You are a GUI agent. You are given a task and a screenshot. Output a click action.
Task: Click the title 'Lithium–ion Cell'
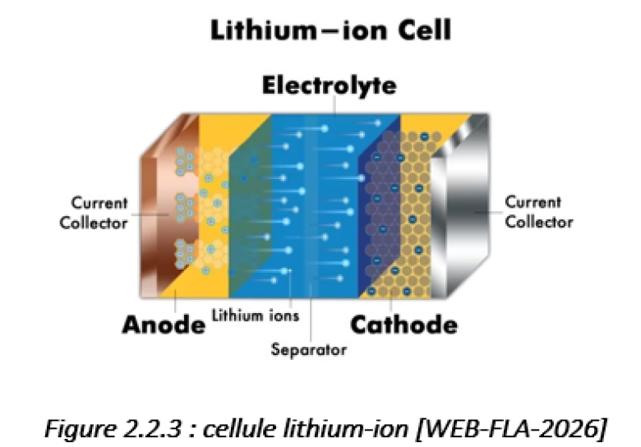(x=330, y=30)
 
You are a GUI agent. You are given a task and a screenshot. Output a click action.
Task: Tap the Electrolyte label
(x=330, y=85)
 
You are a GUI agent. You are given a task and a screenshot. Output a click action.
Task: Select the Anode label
(x=164, y=325)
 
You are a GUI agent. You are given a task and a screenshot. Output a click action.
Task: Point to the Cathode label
(x=404, y=325)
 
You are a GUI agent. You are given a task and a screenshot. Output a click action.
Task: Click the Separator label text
(x=309, y=350)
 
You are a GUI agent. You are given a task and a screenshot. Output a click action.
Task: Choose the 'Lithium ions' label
(x=256, y=316)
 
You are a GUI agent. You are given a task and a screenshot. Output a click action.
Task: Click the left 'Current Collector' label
(x=94, y=213)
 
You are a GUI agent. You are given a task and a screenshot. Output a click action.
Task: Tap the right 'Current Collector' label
(x=539, y=212)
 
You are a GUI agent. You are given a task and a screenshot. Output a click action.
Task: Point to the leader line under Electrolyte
(x=334, y=105)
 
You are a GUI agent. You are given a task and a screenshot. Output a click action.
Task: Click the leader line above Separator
(x=311, y=311)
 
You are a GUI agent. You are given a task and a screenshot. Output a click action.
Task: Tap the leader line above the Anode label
(x=175, y=301)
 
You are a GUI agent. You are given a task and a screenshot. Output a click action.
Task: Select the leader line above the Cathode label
(x=391, y=300)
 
